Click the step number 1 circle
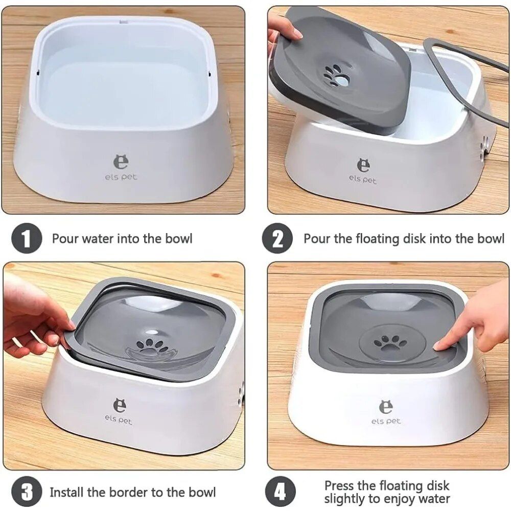pyautogui.click(x=27, y=239)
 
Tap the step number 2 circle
pyautogui.click(x=277, y=239)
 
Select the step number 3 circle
pyautogui.click(x=27, y=492)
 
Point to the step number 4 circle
pyautogui.click(x=280, y=492)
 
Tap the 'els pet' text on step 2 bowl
pyautogui.click(x=362, y=179)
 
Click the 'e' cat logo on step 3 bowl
pyautogui.click(x=119, y=405)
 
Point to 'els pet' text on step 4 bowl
pyautogui.click(x=386, y=422)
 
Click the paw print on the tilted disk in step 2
pyautogui.click(x=336, y=76)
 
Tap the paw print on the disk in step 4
pyautogui.click(x=390, y=343)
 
